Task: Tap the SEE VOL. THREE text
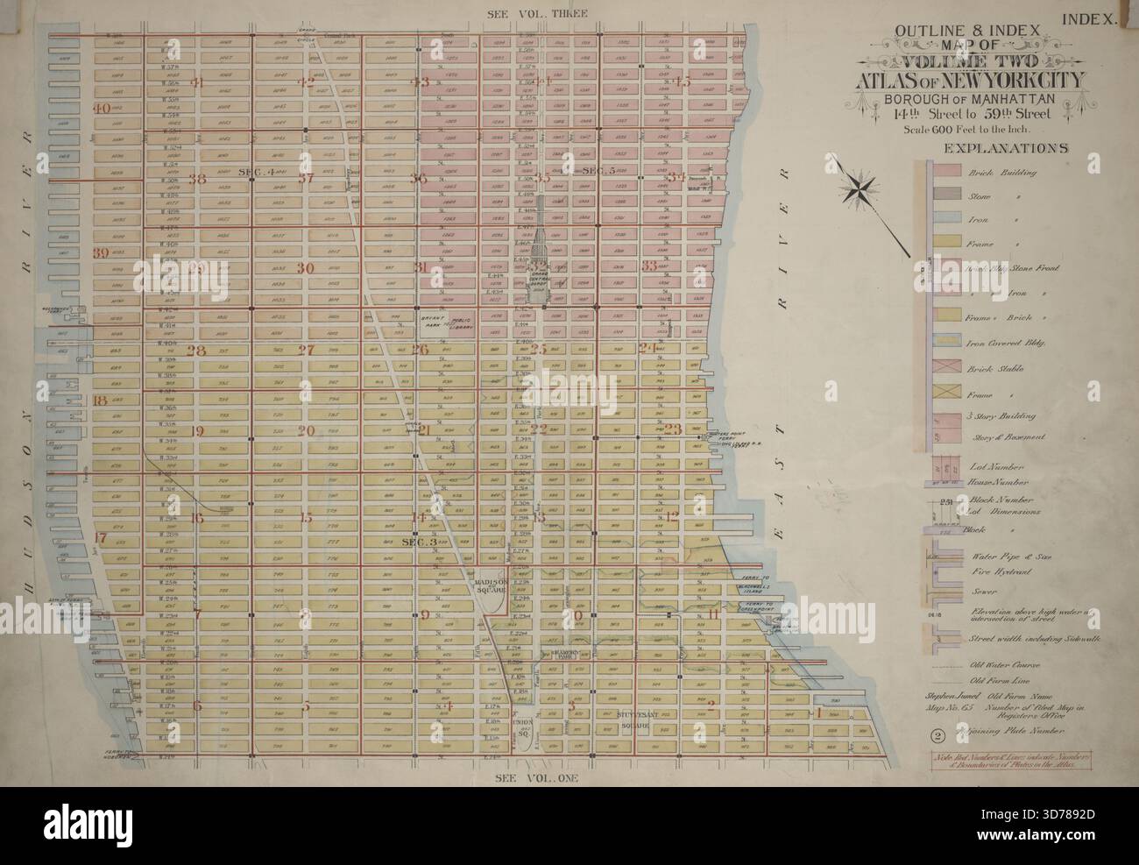[534, 12]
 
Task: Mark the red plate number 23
[673, 429]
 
